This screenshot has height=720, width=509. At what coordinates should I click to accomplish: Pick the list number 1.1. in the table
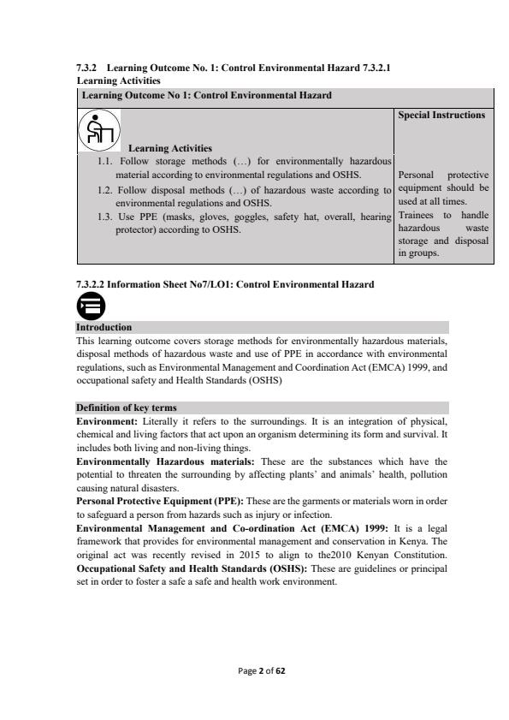107,160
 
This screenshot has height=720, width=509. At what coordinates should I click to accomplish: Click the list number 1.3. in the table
107,217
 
